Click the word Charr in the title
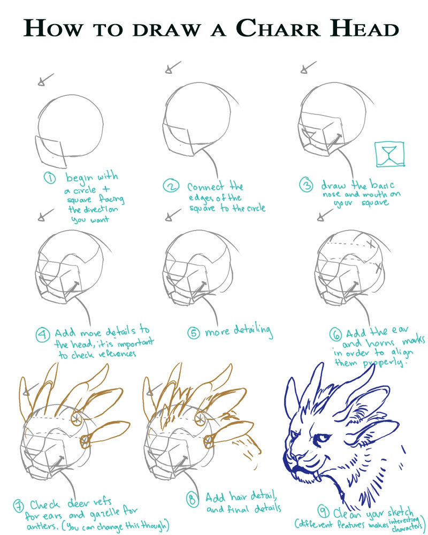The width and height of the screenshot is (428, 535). [x=278, y=28]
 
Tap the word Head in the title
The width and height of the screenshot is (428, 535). [x=364, y=28]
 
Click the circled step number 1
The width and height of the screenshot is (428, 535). [x=50, y=178]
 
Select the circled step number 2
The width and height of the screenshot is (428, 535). [x=171, y=186]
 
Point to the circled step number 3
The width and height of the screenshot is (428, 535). [x=306, y=185]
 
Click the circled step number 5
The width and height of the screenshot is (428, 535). [x=194, y=333]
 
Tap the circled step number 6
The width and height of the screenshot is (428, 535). [x=336, y=335]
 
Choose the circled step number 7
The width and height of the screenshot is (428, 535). [x=19, y=506]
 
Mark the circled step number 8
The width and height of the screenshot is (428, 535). [x=193, y=500]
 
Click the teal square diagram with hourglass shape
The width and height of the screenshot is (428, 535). [x=389, y=154]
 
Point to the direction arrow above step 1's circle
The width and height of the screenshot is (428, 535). [x=45, y=80]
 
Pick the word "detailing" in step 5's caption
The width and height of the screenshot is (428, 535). [x=253, y=331]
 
